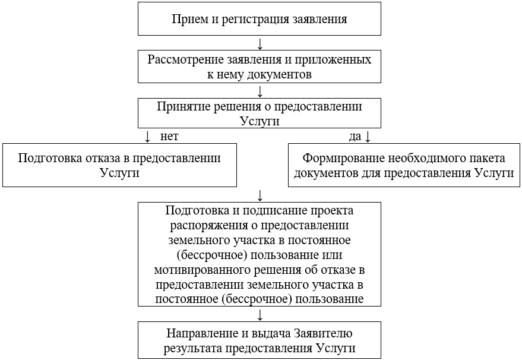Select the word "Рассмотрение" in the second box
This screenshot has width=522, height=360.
[x=185, y=60]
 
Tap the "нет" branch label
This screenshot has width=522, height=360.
[x=169, y=136]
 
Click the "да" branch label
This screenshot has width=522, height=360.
[x=355, y=136]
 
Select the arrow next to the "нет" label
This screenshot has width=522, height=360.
[x=148, y=137]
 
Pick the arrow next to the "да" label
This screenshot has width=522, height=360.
[x=367, y=137]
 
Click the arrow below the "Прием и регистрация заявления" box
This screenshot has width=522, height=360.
[x=260, y=44]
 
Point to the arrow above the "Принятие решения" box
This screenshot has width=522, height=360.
[x=260, y=90]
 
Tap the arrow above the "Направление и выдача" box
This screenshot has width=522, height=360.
[x=260, y=314]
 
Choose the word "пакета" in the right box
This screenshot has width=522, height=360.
[x=485, y=159]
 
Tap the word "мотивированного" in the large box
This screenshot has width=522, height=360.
[x=198, y=270]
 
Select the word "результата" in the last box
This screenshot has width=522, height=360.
[x=192, y=348]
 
